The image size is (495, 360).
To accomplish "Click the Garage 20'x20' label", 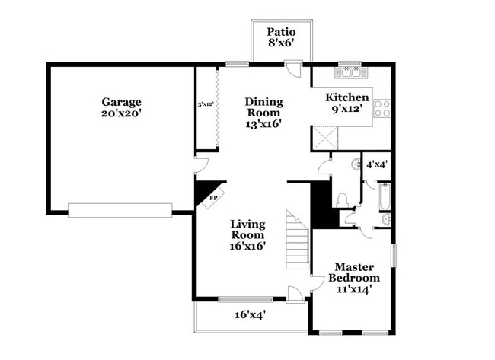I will [121, 107].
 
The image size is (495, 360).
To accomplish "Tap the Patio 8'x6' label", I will [280, 38].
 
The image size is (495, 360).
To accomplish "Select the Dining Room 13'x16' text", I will [263, 113].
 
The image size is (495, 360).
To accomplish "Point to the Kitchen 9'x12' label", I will [347, 104].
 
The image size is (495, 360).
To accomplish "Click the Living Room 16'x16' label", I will [247, 235].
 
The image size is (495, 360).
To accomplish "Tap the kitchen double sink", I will [350, 72].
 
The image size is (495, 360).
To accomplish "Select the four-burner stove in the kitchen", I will [382, 108].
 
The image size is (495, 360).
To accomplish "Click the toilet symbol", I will [343, 199].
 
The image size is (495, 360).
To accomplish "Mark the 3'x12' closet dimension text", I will [205, 104].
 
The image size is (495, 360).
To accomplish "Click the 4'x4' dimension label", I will [376, 164].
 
